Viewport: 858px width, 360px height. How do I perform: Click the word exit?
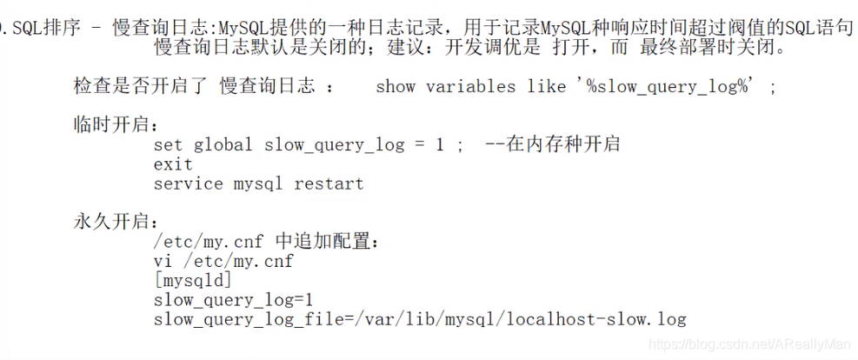[173, 164]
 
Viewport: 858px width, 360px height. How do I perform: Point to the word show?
[396, 86]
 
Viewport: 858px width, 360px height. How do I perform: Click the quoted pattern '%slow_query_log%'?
[667, 86]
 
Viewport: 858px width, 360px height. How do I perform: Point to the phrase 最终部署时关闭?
[712, 47]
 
